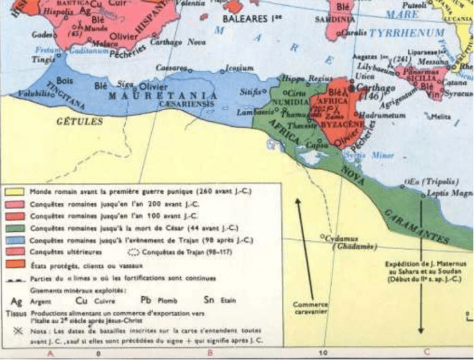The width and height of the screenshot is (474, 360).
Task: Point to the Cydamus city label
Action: [341, 236]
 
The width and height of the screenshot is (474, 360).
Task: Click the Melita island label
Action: [441, 117]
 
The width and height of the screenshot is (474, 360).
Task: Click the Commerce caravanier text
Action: [310, 308]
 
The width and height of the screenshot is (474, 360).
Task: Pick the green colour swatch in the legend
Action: [14, 228]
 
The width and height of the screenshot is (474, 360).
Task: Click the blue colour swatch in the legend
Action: [14, 240]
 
